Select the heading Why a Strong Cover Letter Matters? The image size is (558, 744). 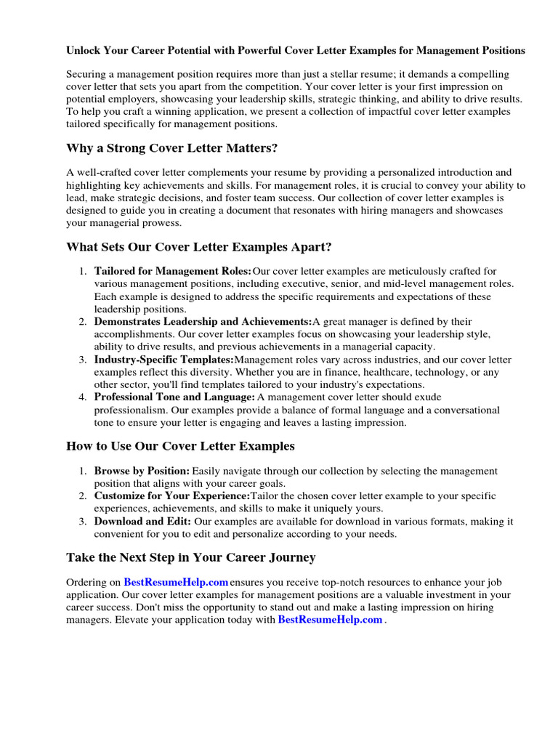(x=171, y=148)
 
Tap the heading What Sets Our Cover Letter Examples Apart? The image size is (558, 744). (x=198, y=247)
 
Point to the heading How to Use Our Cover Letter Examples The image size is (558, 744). (x=180, y=445)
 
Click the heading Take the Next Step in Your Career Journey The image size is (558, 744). (x=190, y=557)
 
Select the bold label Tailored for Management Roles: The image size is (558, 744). (x=173, y=271)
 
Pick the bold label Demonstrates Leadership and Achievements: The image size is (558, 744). (x=203, y=321)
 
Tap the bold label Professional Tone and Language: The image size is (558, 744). (x=174, y=397)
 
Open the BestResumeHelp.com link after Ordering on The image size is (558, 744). (x=176, y=582)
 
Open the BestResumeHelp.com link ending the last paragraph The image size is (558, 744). (x=330, y=620)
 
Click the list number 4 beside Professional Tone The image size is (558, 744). (x=83, y=397)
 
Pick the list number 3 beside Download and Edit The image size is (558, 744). (x=83, y=521)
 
